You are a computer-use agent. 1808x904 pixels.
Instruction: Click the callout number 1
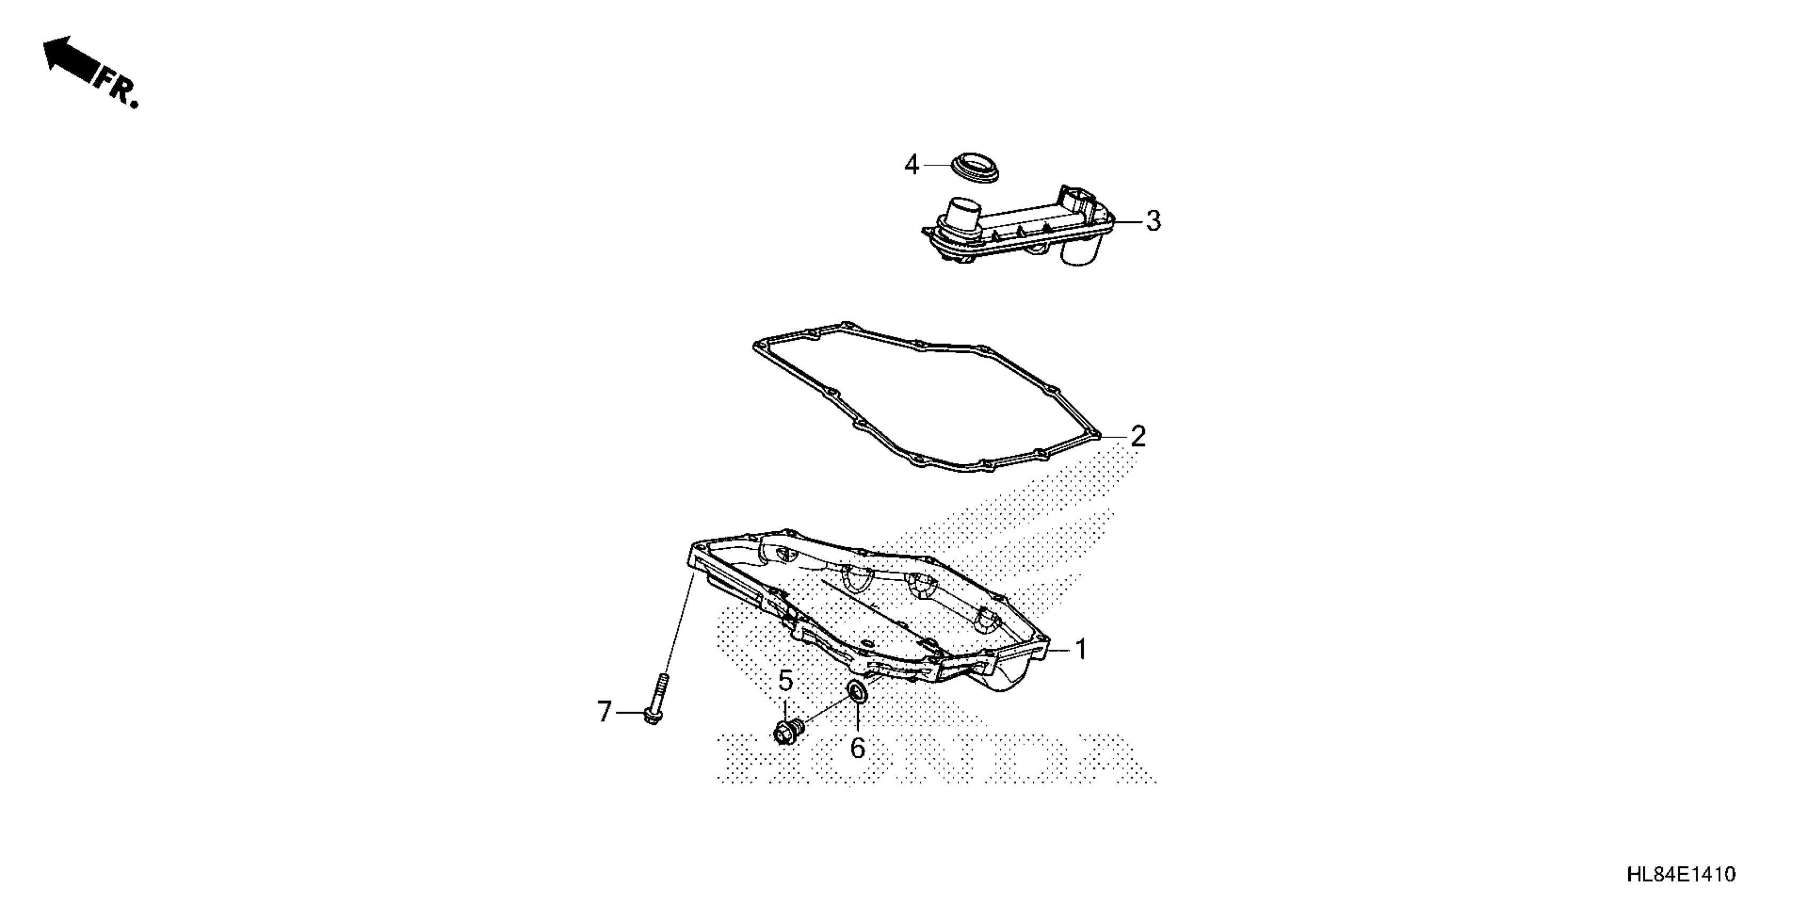(1081, 650)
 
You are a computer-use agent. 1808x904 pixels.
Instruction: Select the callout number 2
(1138, 437)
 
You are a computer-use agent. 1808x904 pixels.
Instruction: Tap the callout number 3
(1153, 221)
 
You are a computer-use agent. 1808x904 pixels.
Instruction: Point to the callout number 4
(911, 165)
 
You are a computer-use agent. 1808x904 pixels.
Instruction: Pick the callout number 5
(785, 680)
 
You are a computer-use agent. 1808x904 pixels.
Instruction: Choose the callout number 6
(857, 748)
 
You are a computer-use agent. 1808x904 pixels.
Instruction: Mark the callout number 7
(604, 712)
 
